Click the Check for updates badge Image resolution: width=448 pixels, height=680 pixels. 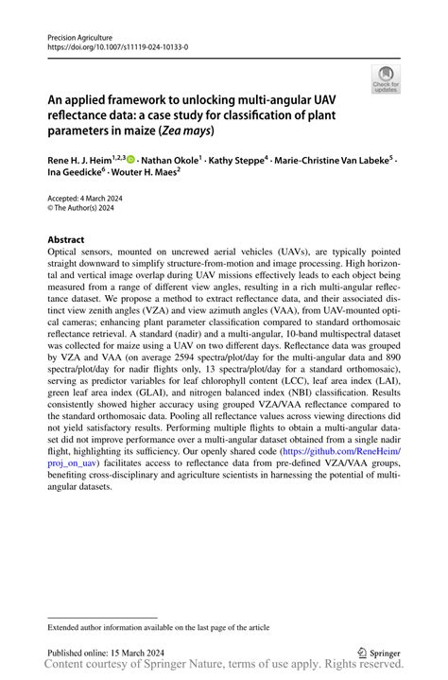pyautogui.click(x=385, y=79)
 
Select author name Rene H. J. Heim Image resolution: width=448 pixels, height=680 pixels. pyautogui.click(x=79, y=162)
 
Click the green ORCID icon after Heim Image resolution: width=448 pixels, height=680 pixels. pyautogui.click(x=130, y=162)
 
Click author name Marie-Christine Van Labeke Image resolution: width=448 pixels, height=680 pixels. pyautogui.click(x=332, y=162)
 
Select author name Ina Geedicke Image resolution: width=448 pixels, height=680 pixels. pyautogui.click(x=78, y=175)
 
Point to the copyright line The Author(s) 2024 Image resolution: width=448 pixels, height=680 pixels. pyautogui.click(x=86, y=210)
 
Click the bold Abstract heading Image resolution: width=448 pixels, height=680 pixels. pyautogui.click(x=66, y=240)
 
